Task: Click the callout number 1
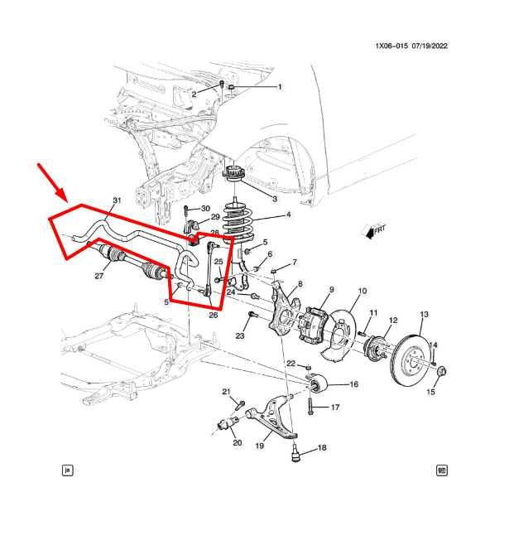click(279, 87)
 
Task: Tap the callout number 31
click(117, 200)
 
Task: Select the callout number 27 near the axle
click(99, 276)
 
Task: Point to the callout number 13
click(425, 314)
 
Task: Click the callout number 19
click(259, 446)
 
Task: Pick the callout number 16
click(353, 384)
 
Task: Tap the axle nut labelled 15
click(440, 372)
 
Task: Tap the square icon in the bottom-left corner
click(68, 470)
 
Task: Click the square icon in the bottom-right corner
click(442, 470)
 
